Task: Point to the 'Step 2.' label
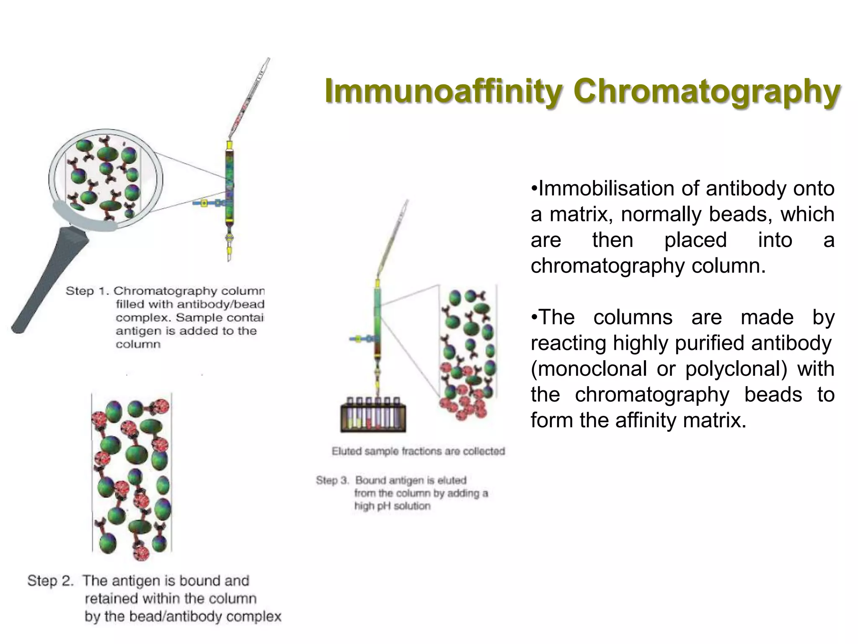tap(50, 581)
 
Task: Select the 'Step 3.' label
tap(332, 480)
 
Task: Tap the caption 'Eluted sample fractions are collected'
tap(418, 452)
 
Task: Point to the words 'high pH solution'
tap(392, 506)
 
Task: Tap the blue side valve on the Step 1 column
tap(205, 203)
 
